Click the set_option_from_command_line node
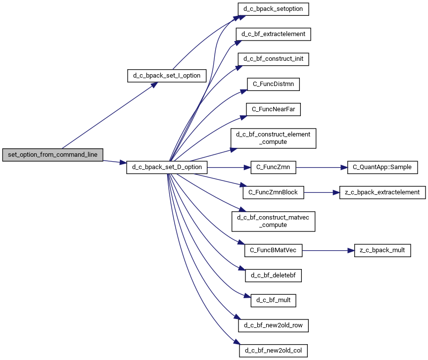click(x=52, y=155)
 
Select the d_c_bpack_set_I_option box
click(x=167, y=76)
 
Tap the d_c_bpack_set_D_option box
click(x=167, y=167)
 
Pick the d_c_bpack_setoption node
click(x=273, y=9)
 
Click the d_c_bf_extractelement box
click(x=273, y=34)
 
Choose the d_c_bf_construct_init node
click(x=273, y=59)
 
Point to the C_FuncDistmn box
click(x=273, y=84)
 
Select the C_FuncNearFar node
click(x=273, y=109)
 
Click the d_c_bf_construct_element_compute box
click(x=273, y=138)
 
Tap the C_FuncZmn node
click(x=273, y=167)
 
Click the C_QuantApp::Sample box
click(x=382, y=167)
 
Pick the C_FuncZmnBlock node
click(x=273, y=192)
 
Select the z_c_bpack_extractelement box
click(x=382, y=192)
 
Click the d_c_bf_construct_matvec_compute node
click(x=273, y=221)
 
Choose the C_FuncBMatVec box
click(x=273, y=250)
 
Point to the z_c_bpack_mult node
click(x=382, y=250)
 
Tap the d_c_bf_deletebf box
click(x=273, y=275)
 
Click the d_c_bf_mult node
click(x=273, y=300)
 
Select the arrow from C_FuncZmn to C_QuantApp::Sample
click(x=322, y=167)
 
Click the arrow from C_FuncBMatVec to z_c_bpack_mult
click(x=328, y=250)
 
